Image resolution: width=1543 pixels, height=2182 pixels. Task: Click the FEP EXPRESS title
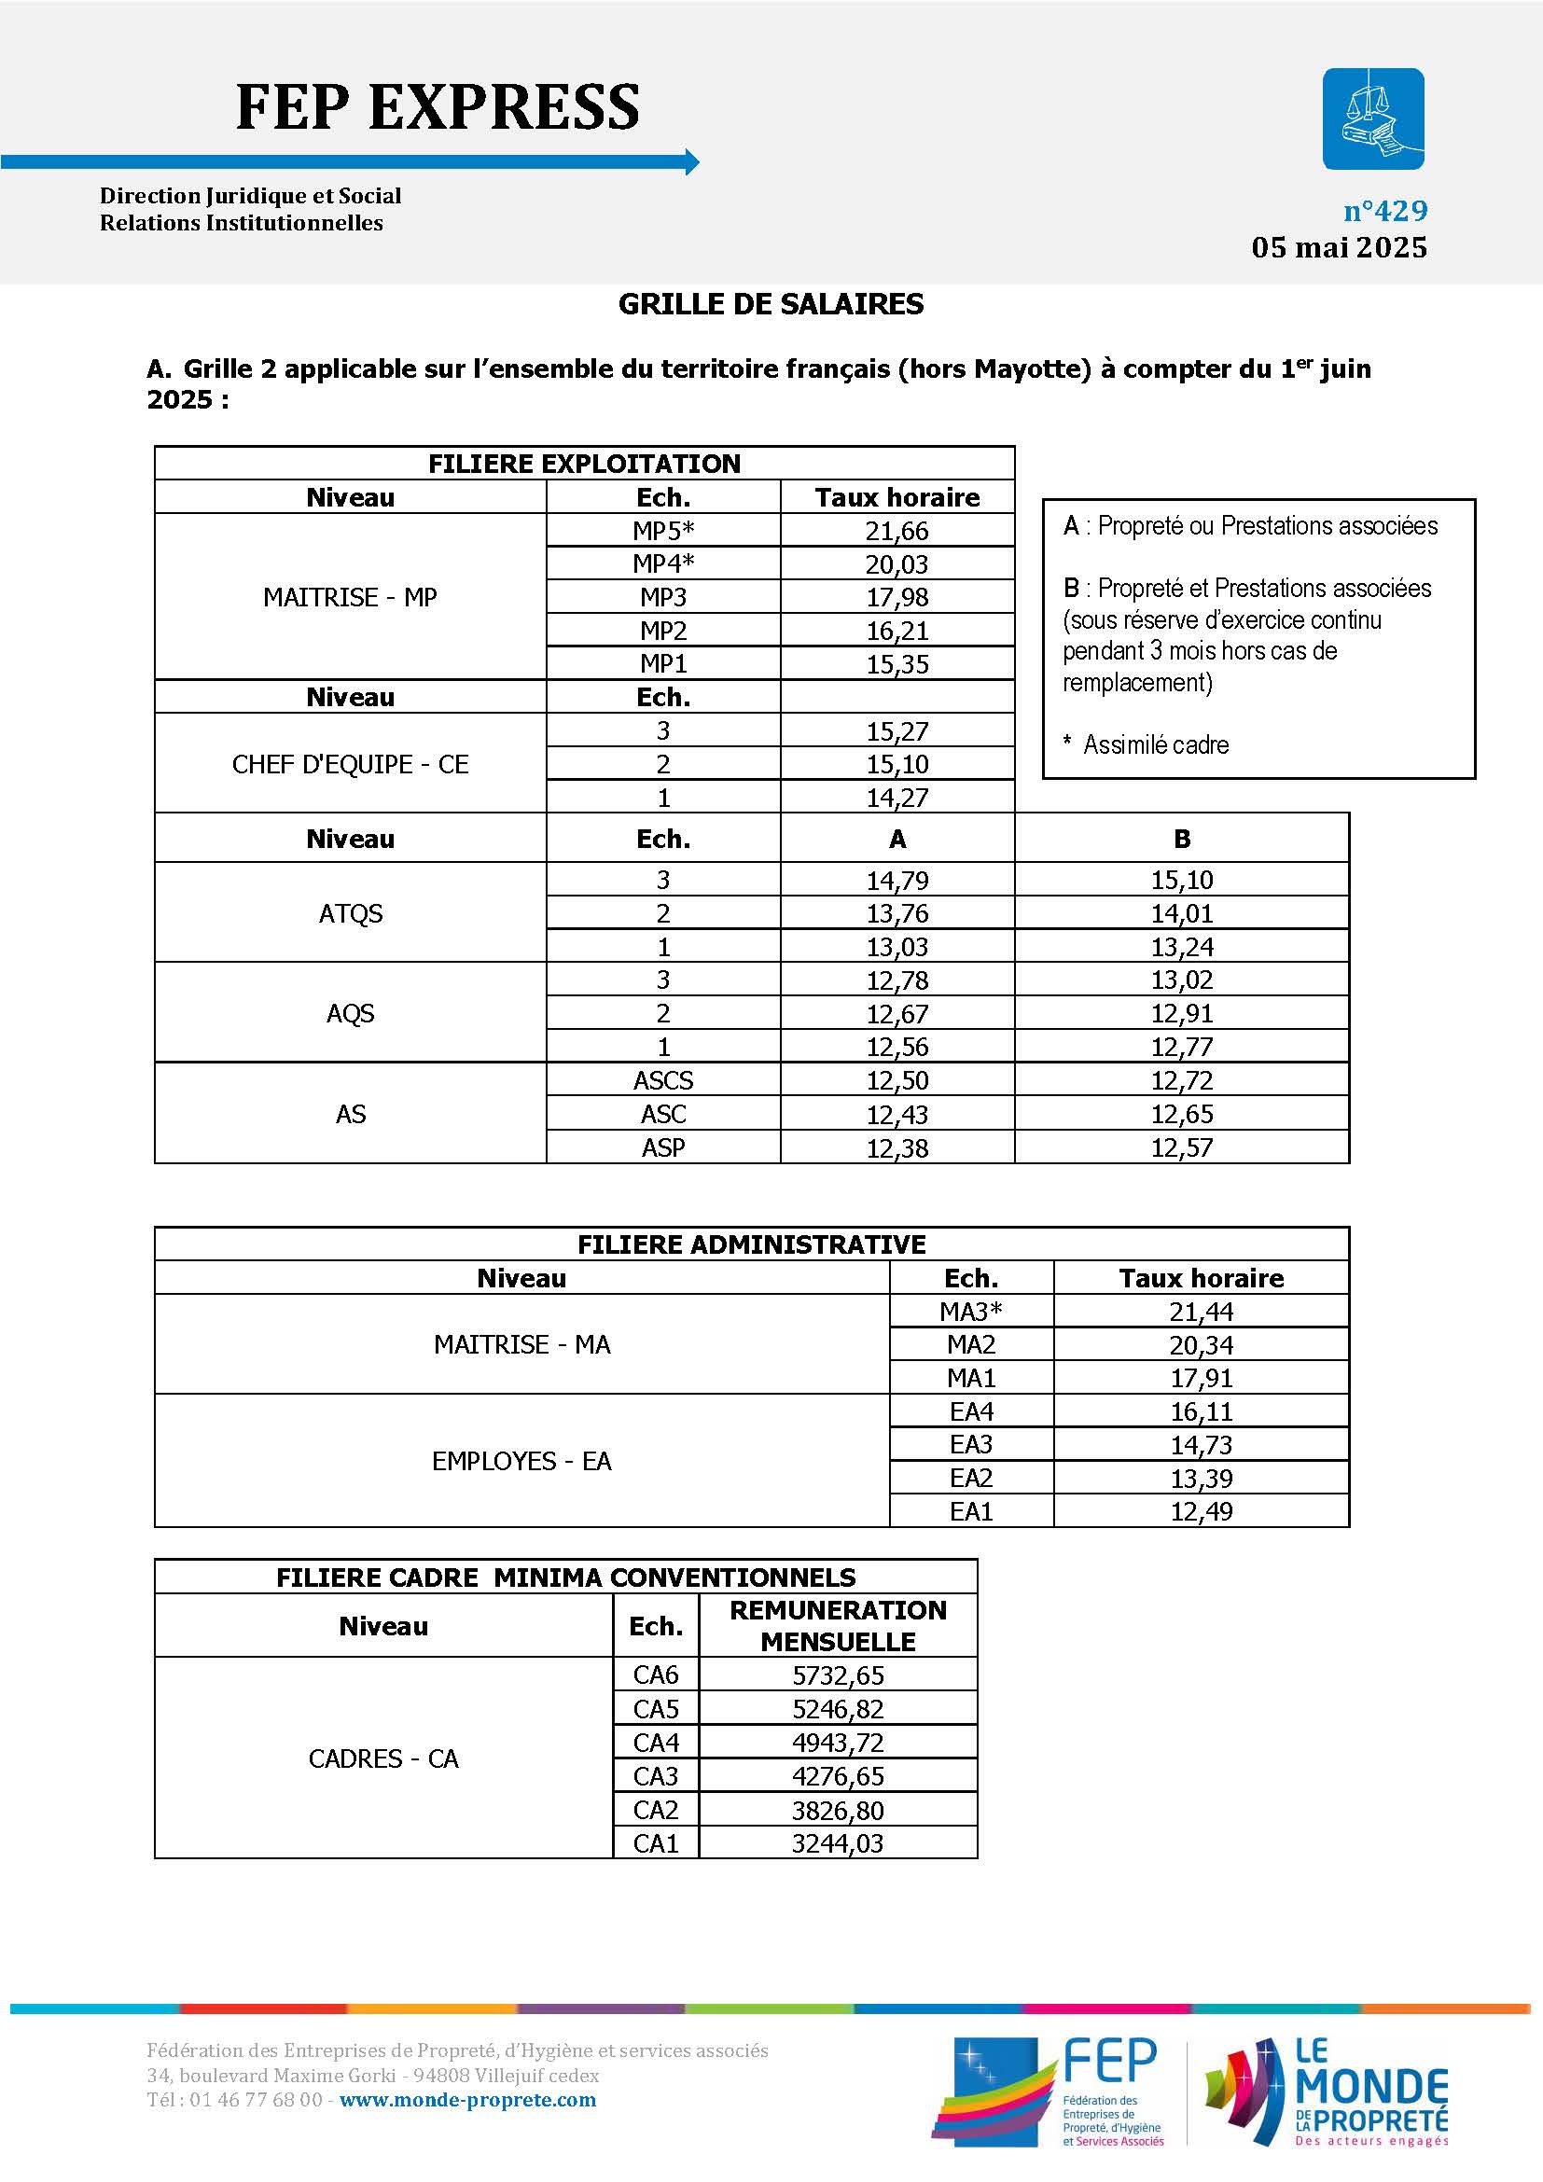437,106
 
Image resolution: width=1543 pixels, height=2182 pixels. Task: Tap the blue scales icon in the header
1373,118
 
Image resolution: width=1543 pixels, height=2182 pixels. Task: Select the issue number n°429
1384,211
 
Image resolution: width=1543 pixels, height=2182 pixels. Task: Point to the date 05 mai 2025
1339,248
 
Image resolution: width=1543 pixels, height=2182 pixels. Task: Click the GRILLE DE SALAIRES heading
771,304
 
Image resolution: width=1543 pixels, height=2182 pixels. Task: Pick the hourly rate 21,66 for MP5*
897,531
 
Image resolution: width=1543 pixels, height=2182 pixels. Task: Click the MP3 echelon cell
663,598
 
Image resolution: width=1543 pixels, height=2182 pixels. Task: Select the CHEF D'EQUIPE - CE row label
350,764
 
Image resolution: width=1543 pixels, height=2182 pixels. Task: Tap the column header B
1181,840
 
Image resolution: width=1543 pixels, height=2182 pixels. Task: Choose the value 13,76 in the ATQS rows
897,913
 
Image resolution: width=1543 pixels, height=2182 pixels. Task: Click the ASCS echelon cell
663,1080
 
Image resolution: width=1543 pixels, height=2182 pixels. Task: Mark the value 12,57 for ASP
1181,1148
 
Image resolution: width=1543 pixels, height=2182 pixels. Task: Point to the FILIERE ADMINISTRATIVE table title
751,1245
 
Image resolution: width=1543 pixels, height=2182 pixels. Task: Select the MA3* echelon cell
971,1313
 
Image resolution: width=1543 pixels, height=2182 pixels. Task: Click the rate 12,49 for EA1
1201,1511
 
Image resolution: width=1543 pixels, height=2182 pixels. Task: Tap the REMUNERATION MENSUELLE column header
838,1626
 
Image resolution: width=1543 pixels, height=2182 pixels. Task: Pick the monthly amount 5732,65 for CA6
838,1675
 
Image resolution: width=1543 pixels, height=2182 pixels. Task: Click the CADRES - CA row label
382,1758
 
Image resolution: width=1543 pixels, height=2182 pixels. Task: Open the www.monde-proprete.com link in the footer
467,2099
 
